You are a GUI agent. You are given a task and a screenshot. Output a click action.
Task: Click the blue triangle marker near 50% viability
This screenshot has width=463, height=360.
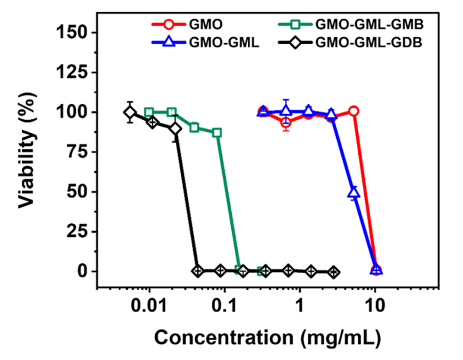click(x=354, y=193)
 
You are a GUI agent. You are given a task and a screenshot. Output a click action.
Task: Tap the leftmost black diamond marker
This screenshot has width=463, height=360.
click(x=129, y=112)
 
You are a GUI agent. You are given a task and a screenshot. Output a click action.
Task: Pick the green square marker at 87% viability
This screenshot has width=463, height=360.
click(x=217, y=132)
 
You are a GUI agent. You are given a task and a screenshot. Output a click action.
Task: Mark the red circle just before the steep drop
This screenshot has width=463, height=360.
click(x=354, y=111)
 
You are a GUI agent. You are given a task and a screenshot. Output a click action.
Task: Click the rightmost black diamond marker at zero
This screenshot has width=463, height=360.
click(x=334, y=272)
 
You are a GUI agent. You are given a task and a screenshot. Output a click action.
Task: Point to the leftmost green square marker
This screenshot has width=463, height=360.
click(x=149, y=112)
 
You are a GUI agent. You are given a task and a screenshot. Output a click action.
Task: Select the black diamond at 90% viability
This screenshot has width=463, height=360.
click(x=176, y=128)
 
